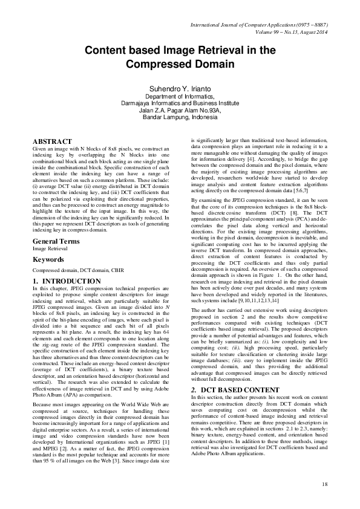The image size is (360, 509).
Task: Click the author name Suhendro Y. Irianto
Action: pyautogui.click(x=180, y=89)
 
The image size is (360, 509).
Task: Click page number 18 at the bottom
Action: pyautogui.click(x=324, y=484)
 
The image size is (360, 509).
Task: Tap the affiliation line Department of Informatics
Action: pyautogui.click(x=180, y=97)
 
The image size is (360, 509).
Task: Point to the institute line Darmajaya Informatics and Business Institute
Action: pyautogui.click(x=180, y=103)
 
